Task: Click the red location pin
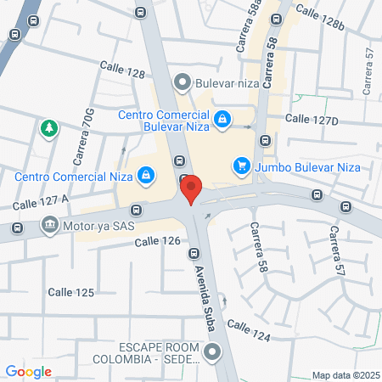(192, 188)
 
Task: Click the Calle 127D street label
(312, 120)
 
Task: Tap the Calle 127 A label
(40, 202)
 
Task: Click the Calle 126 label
(158, 242)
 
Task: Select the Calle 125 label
(70, 292)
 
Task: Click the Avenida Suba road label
(208, 289)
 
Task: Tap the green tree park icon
(49, 128)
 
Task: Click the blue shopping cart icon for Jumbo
(243, 165)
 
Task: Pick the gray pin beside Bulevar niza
(182, 82)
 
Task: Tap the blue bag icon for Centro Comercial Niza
(147, 175)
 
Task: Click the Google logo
(28, 371)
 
